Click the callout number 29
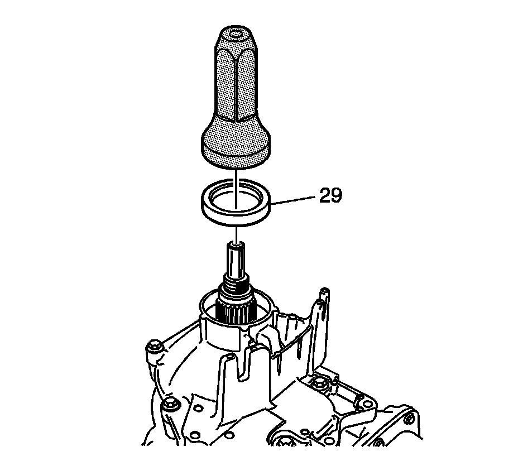click(x=330, y=195)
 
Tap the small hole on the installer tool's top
click(x=236, y=33)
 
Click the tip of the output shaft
click(x=236, y=245)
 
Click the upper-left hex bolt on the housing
click(x=154, y=347)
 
